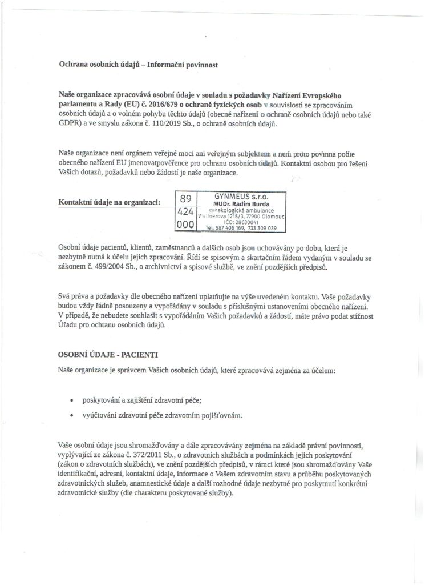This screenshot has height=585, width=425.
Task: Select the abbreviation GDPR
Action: tap(70, 125)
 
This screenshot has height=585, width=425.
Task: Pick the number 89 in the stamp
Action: tap(185, 199)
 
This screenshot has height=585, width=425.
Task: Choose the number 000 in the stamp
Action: tap(185, 225)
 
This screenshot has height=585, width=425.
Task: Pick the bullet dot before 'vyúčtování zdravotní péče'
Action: tap(71, 415)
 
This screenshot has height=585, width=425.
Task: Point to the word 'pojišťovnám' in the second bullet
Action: tap(220, 415)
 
